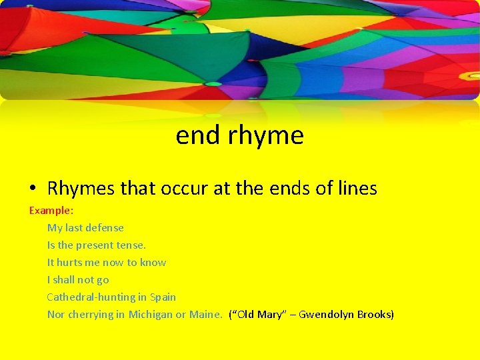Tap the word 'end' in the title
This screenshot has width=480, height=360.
click(198, 135)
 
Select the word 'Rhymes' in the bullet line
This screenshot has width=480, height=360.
click(81, 189)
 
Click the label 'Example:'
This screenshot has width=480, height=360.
click(51, 210)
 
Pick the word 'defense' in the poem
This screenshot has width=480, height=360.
click(105, 227)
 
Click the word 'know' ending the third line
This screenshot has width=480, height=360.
click(153, 262)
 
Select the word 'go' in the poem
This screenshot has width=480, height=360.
click(102, 279)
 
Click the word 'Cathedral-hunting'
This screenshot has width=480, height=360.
click(89, 297)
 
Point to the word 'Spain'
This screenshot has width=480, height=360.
click(163, 297)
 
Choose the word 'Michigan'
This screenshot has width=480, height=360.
click(150, 314)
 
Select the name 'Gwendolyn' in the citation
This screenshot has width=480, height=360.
click(327, 314)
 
